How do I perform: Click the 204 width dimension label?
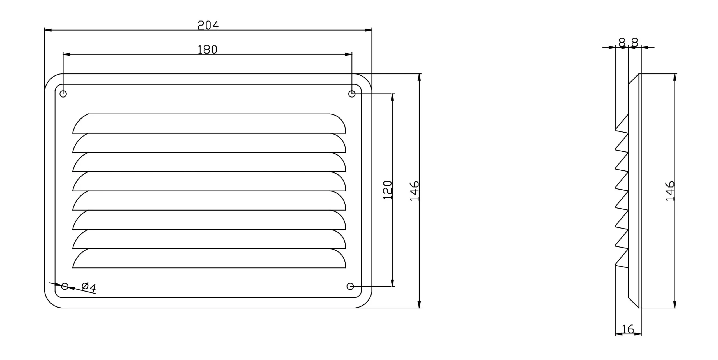208,25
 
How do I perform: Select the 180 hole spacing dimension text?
208,50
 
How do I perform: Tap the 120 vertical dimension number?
387,190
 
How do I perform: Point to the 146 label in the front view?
414,191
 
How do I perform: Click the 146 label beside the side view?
670,191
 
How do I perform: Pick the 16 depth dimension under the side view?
628,329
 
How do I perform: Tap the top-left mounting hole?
63,94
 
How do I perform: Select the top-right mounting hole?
352,94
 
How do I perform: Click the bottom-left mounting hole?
65,286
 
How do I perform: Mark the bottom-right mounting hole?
350,286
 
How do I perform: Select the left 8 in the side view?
622,43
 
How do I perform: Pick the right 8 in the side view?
635,43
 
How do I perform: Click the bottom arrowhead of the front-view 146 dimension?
419,304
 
